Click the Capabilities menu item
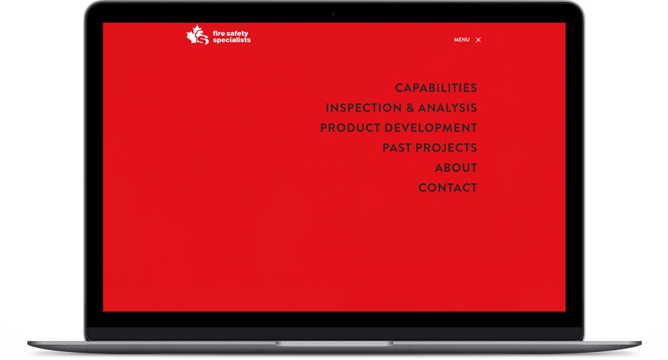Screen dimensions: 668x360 [436, 87]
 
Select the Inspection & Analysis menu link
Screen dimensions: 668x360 [401, 108]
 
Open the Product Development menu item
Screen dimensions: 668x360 [399, 128]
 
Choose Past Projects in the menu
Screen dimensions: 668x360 [430, 148]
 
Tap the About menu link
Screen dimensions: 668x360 [456, 168]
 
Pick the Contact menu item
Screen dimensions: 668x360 [448, 188]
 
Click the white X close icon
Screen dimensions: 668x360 [478, 39]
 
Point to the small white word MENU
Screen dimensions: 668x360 [462, 39]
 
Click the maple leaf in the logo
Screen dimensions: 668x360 [194, 33]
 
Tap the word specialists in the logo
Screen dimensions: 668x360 [232, 40]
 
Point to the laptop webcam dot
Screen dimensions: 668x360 [333, 14]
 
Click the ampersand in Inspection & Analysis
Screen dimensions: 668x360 [410, 108]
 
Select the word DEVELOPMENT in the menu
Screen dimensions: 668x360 [431, 128]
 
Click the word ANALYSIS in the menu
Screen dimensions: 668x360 [448, 108]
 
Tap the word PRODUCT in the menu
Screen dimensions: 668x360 [350, 128]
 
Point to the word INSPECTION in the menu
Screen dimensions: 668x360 [363, 108]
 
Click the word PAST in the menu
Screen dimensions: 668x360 [397, 148]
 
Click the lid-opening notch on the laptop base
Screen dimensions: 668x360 [334, 343]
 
